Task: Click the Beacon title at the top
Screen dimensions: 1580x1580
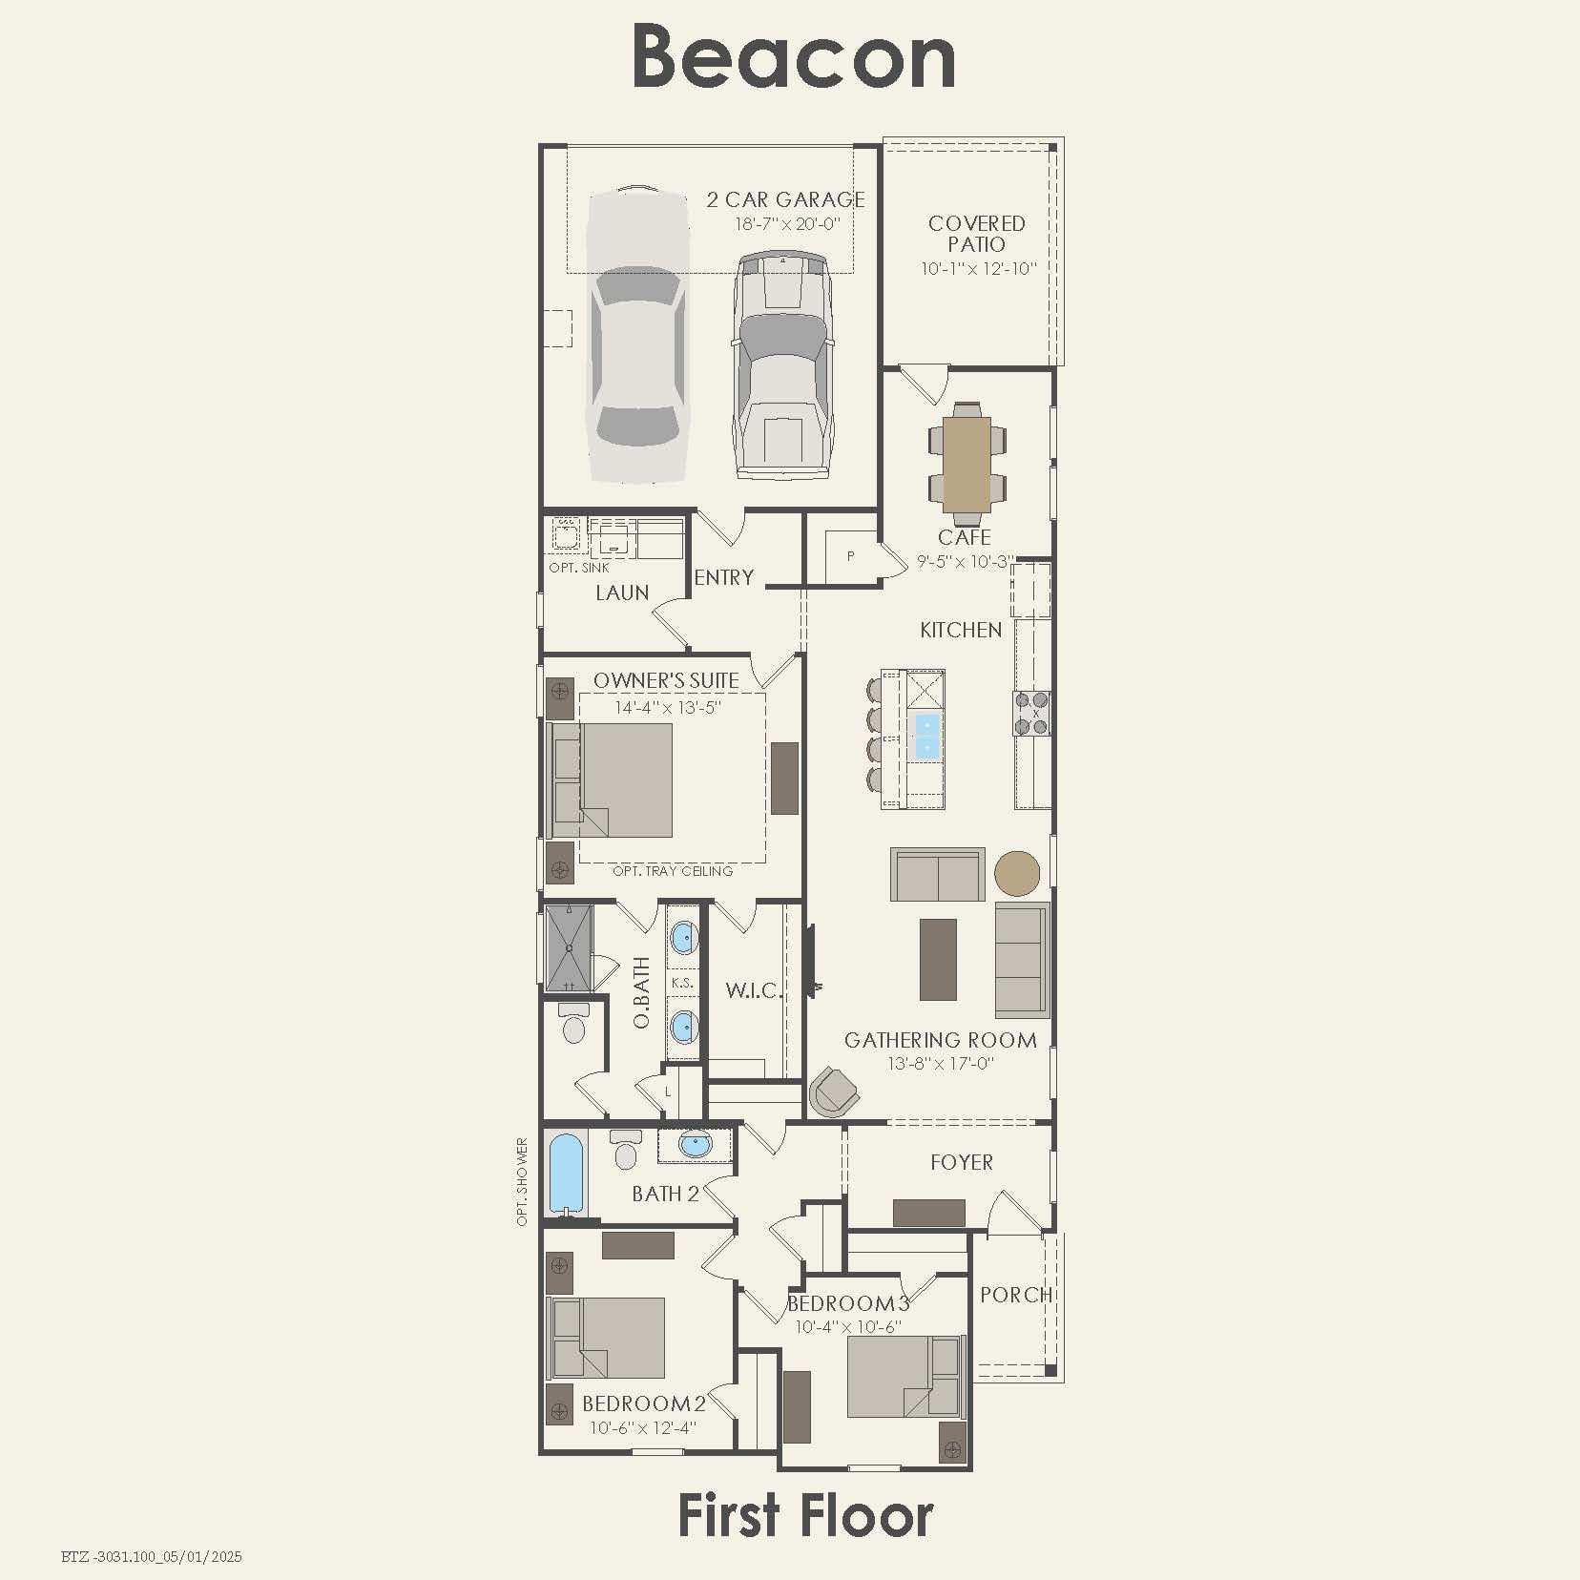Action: [x=793, y=57]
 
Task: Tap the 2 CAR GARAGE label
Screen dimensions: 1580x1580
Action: [x=785, y=199]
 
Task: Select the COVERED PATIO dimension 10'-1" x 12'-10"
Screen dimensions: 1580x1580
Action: [x=978, y=269]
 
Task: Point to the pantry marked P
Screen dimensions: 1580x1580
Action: [x=850, y=556]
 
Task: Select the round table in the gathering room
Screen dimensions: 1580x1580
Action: [x=1018, y=874]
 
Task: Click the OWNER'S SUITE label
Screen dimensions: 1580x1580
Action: [x=666, y=680]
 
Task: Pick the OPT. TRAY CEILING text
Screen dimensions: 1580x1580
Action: [x=673, y=871]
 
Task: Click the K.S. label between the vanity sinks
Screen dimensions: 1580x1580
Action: [x=682, y=983]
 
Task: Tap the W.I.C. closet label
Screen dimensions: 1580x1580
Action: [x=754, y=990]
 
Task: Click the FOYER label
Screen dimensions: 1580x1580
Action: [x=962, y=1162]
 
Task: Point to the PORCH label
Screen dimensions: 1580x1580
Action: [x=1016, y=1295]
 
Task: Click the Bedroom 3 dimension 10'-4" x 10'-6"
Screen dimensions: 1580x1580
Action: [x=848, y=1326]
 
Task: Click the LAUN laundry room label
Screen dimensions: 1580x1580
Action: [x=622, y=592]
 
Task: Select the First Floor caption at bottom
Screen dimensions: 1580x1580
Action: [x=805, y=1516]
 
